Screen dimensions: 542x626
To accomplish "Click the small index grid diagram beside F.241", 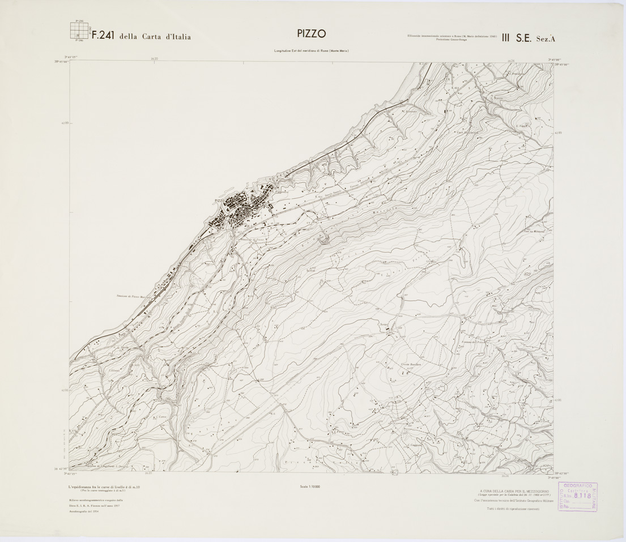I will click(79, 31).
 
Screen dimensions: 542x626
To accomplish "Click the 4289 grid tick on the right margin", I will click(558, 133).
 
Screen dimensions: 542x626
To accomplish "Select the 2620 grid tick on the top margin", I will click(154, 58).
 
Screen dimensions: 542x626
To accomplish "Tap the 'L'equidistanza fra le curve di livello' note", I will click(104, 487).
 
